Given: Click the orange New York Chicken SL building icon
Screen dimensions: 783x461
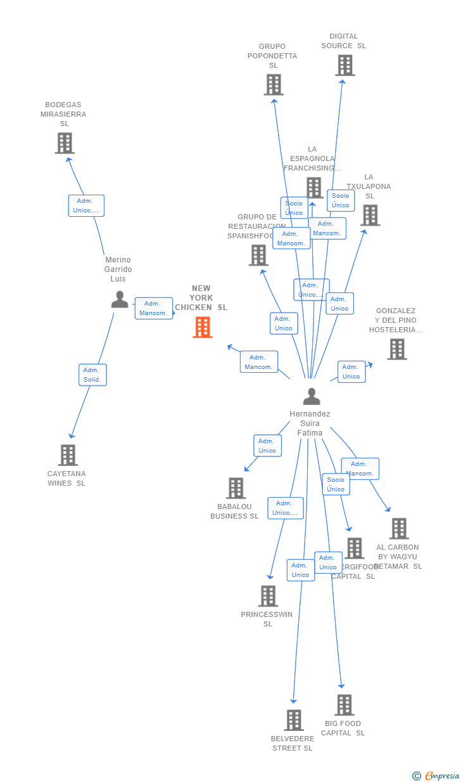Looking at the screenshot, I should [x=203, y=327].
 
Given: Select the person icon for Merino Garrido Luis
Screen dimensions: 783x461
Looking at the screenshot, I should [x=120, y=299].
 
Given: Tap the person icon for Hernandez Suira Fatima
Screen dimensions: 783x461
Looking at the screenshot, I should [x=312, y=396].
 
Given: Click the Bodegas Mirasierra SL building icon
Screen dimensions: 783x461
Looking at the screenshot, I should [x=65, y=143].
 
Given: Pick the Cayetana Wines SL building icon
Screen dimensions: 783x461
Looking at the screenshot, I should [x=68, y=455].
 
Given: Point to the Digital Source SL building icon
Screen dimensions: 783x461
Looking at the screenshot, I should [x=345, y=65].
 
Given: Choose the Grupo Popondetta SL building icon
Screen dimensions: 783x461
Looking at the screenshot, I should [x=274, y=85].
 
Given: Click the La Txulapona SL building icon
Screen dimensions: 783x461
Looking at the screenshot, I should [x=370, y=216].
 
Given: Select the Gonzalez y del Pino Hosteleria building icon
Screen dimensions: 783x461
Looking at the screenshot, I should [x=397, y=349].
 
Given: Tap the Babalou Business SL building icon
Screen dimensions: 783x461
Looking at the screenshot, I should [x=236, y=488].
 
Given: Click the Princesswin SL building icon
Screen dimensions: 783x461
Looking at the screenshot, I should [x=268, y=596].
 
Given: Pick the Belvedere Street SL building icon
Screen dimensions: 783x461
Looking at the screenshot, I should [x=294, y=720].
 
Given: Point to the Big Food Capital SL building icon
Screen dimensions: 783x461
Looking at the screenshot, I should [x=344, y=705].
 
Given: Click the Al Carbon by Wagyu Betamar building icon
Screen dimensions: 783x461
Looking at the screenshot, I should [x=399, y=529].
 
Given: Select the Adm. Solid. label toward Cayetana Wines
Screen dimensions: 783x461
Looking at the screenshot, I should [x=92, y=375].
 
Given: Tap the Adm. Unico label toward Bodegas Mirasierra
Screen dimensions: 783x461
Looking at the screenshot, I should [x=86, y=205].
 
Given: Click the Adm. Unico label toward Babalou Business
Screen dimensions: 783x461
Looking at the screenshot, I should [x=267, y=446].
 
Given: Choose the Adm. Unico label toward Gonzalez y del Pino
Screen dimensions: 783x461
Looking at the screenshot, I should [x=351, y=372].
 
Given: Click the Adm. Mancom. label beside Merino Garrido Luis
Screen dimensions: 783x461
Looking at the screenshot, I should [x=153, y=308].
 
